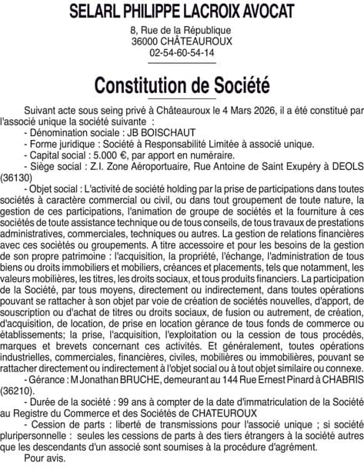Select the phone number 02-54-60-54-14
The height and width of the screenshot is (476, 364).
click(x=182, y=53)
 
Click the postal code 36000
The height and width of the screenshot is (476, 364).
click(x=146, y=42)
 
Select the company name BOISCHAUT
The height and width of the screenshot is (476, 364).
click(x=173, y=133)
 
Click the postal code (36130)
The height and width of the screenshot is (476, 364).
click(x=16, y=177)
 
